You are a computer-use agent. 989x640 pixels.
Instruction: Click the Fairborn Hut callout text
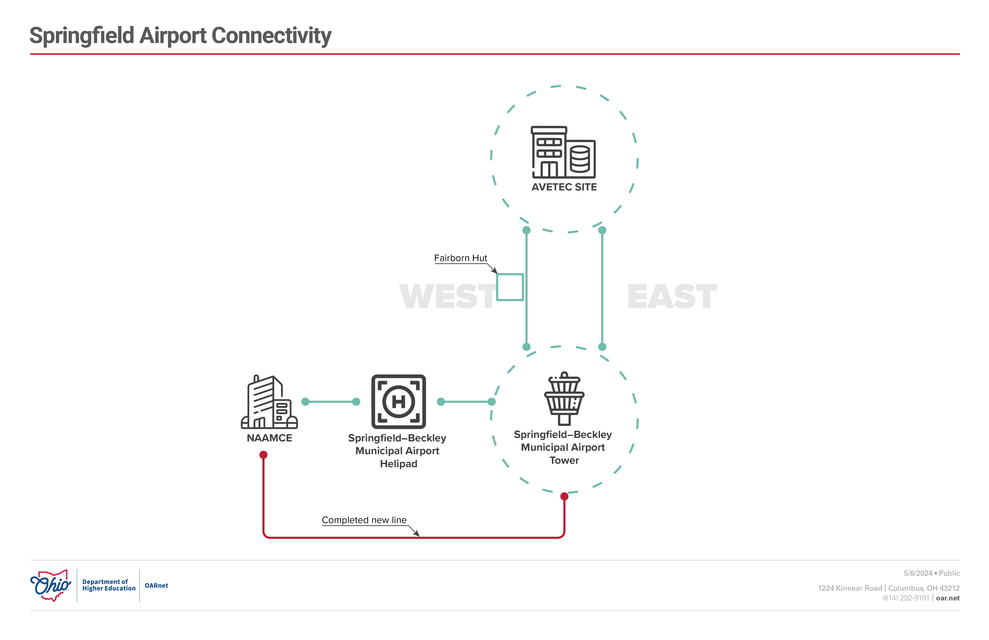click(x=460, y=258)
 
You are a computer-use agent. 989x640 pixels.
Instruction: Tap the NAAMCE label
click(x=269, y=438)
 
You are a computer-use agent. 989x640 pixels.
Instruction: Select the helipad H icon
click(x=399, y=401)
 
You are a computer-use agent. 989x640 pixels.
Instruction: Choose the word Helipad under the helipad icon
click(x=399, y=464)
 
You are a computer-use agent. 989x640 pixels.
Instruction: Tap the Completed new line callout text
click(x=364, y=520)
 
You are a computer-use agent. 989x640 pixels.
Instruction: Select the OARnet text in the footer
click(x=156, y=586)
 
